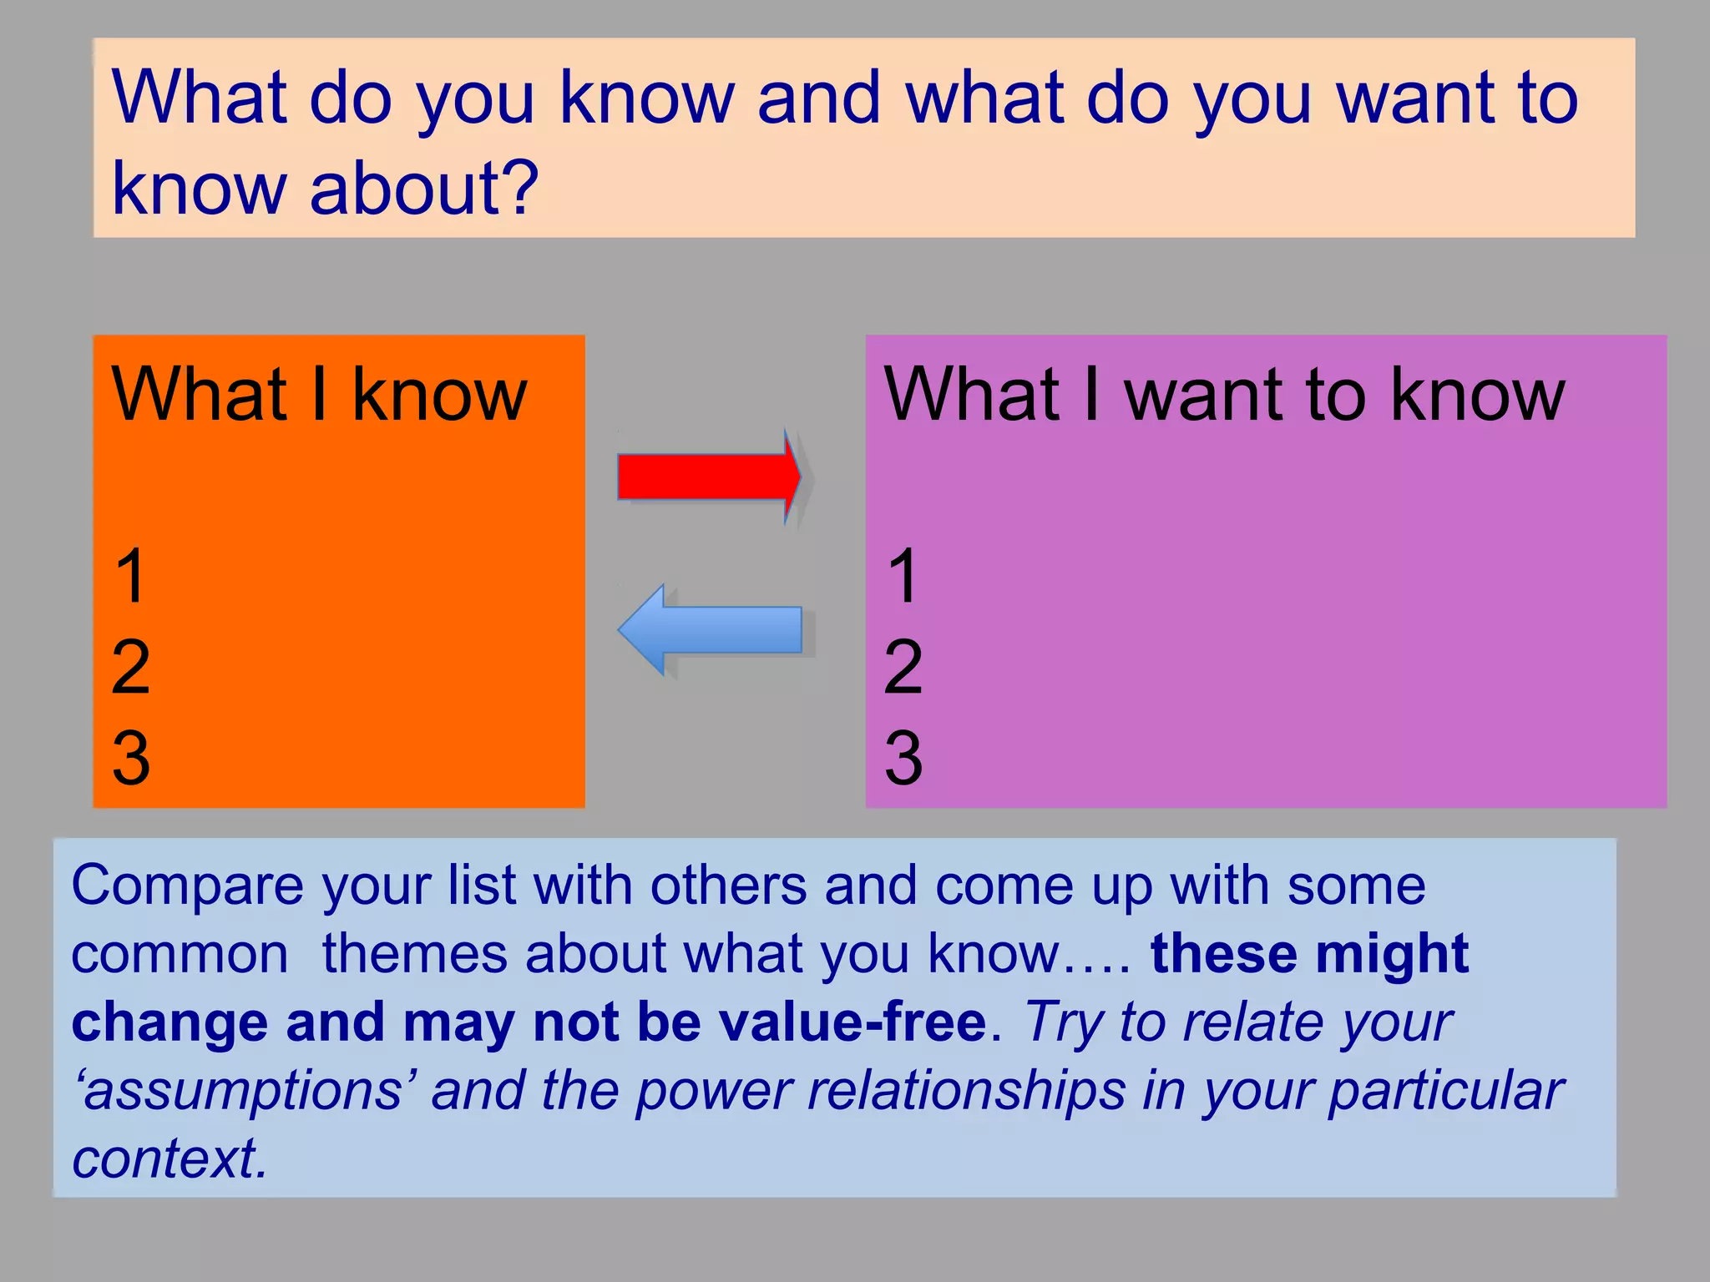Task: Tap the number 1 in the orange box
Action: click(131, 576)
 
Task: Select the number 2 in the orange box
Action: click(131, 667)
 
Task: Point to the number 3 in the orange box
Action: click(131, 758)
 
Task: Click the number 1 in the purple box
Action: click(903, 576)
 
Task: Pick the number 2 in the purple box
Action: click(903, 667)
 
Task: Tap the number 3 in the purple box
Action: click(903, 758)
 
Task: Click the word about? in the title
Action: click(424, 188)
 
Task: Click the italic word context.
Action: click(169, 1159)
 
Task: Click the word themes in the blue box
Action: click(414, 954)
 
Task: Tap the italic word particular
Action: click(1446, 1092)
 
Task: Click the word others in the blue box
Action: click(728, 886)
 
